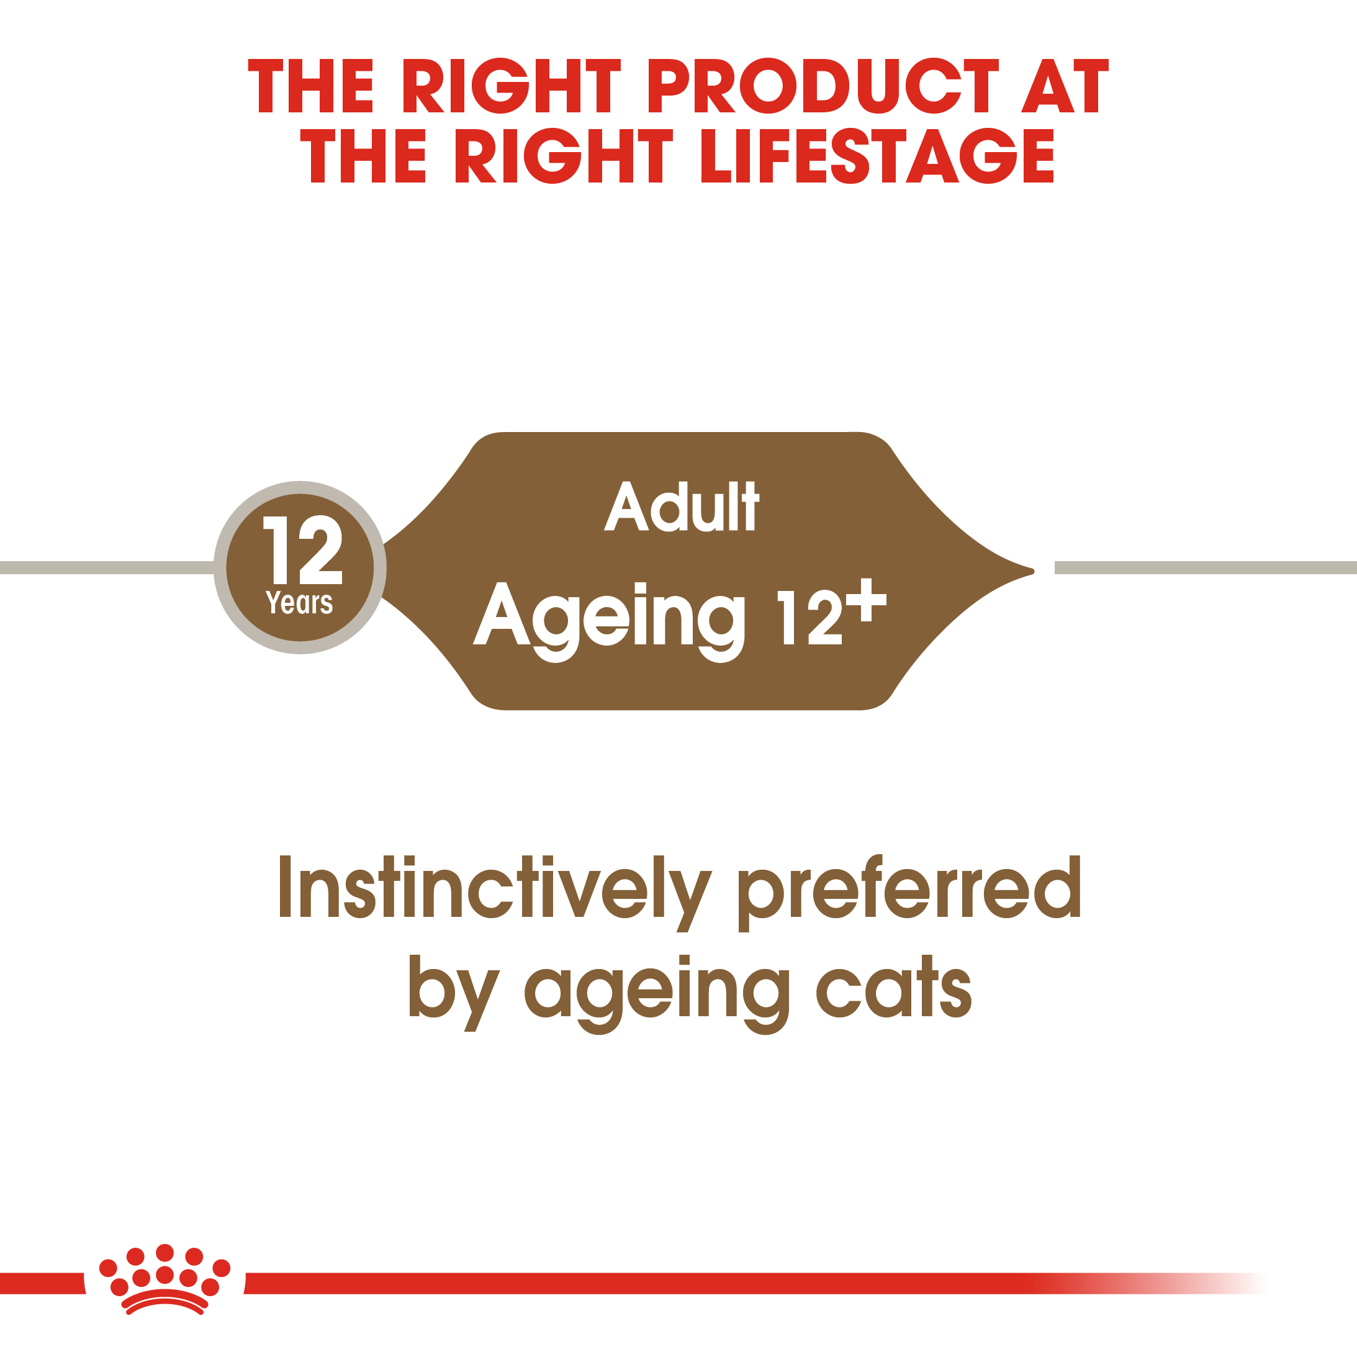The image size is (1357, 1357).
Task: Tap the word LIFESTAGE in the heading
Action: point(877,155)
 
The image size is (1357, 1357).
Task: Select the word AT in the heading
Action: point(1064,86)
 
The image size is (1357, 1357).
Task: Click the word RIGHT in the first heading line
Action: point(512,86)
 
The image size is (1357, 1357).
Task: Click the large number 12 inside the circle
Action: point(302,550)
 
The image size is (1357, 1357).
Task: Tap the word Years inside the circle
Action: point(299,603)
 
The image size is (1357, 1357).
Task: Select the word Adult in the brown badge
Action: point(682,507)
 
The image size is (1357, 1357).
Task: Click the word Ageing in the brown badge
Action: point(610,618)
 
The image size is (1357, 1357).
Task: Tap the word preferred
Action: point(909,889)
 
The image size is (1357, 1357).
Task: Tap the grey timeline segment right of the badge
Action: point(1204,567)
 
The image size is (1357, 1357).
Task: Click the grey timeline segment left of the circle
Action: point(106,567)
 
